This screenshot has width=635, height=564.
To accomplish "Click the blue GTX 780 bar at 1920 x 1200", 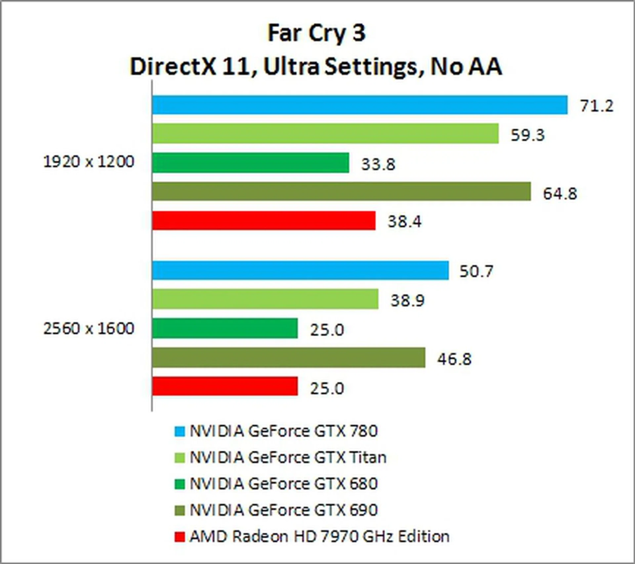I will click(x=360, y=105).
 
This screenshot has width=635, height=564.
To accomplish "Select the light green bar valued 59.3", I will click(x=325, y=133).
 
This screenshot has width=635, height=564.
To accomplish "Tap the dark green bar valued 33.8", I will click(x=251, y=163).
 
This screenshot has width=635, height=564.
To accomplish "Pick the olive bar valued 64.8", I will click(x=341, y=191).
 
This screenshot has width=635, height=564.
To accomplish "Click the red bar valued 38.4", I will click(x=264, y=221).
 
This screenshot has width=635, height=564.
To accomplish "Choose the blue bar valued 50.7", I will click(x=300, y=270).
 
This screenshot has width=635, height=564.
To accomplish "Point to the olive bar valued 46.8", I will click(x=289, y=357).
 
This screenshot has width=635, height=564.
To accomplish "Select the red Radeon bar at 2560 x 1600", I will click(x=225, y=386).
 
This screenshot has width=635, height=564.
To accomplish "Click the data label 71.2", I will click(x=597, y=106).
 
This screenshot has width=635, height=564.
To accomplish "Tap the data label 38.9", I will click(x=407, y=301).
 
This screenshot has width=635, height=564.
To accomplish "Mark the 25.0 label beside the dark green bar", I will click(x=327, y=330).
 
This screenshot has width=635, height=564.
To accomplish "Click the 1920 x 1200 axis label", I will click(x=89, y=162).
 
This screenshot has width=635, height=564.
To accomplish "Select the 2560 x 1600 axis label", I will click(x=89, y=329).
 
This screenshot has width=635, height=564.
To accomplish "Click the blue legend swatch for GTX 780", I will click(x=179, y=431).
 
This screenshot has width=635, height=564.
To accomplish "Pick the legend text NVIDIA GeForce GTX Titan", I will click(x=288, y=458).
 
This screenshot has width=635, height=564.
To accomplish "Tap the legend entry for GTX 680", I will click(x=283, y=484).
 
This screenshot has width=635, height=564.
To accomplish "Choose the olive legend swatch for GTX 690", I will click(x=179, y=510).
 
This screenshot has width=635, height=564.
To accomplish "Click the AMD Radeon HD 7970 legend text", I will click(x=319, y=536).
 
